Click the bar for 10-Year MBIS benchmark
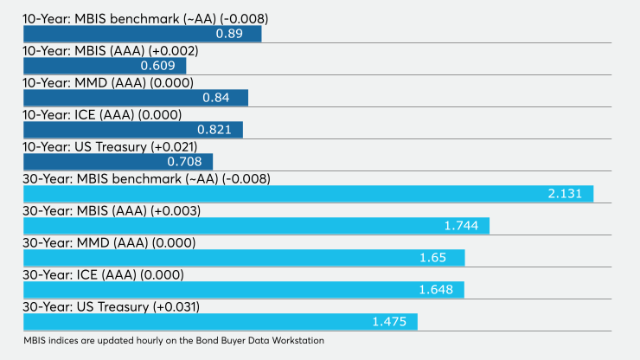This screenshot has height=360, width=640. tap(143, 34)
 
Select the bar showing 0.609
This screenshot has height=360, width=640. tap(105, 66)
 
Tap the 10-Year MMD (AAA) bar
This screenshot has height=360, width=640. tap(136, 98)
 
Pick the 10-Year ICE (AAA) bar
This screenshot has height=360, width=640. tap(133, 130)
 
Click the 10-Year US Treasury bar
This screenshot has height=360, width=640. tap(118, 162)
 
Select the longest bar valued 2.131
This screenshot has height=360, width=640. tap(309, 194)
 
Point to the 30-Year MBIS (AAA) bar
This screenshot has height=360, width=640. tap(256, 226)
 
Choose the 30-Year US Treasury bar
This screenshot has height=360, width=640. tap(221, 322)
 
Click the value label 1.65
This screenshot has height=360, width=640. tap(433, 258)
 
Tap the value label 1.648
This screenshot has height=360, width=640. tap(436, 290)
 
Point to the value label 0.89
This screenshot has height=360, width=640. tap(229, 34)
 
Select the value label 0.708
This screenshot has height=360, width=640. tap(184, 162)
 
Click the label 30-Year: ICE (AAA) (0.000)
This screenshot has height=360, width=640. tap(103, 275)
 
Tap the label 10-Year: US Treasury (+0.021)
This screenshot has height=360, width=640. tap(110, 147)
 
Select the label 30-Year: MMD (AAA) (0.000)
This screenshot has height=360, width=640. tap(109, 243)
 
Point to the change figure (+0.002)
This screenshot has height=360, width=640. tap(174, 51)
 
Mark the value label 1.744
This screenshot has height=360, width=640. tap(461, 226)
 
